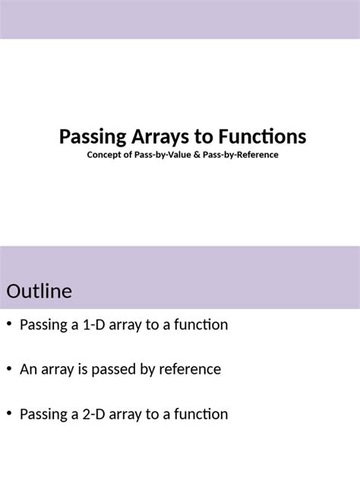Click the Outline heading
[39, 291]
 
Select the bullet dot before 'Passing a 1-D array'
[8, 324]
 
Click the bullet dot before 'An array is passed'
[8, 369]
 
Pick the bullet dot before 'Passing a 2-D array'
[8, 414]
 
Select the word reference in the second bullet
[191, 370]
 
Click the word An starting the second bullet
[28, 370]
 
